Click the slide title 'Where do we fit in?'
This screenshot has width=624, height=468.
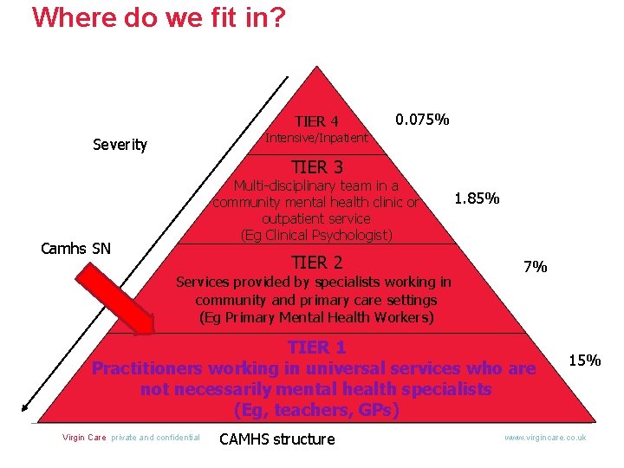point(158,17)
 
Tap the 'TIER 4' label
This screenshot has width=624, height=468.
point(316,121)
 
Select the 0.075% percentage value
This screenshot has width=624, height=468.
point(422,119)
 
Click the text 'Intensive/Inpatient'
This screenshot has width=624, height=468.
point(316,138)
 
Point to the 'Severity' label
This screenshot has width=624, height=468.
point(120,145)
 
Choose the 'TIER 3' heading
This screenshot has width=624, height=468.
point(316,167)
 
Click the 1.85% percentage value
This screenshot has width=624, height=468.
point(477,198)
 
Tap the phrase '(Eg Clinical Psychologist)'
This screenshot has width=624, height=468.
point(316,235)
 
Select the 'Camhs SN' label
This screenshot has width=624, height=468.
point(76,249)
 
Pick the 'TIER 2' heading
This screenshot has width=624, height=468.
point(316,263)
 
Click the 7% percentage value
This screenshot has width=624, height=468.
point(535,267)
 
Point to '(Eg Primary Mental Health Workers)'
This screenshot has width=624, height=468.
point(316,317)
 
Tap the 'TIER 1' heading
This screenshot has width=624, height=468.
point(316,348)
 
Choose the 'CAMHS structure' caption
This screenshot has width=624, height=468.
point(276,439)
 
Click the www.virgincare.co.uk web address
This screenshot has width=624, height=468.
point(545,438)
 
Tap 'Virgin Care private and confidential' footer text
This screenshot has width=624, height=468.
point(131,438)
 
